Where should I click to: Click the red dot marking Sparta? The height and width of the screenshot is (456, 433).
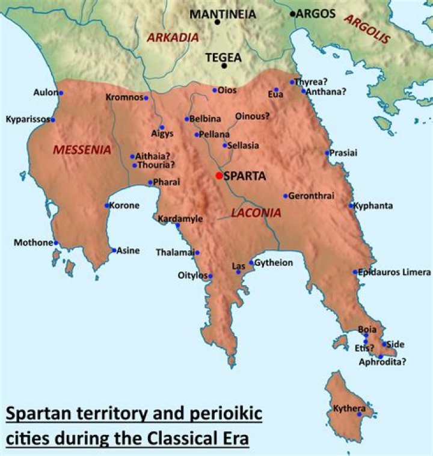[x=218, y=176]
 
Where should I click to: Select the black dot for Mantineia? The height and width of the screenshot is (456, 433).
[x=217, y=22]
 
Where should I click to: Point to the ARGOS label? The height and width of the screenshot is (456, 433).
[x=316, y=13]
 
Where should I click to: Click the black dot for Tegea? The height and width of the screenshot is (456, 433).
[x=224, y=66]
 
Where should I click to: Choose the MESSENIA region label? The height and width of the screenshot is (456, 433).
[x=82, y=150]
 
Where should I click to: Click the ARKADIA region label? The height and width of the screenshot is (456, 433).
[x=173, y=37]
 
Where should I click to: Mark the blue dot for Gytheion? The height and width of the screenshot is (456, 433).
[x=251, y=263]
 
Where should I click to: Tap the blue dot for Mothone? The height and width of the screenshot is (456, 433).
[x=56, y=243]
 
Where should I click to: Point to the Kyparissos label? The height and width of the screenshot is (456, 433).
[x=27, y=119]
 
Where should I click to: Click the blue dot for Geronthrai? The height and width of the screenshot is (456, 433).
[x=286, y=196]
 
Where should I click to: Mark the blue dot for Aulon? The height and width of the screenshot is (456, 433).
[x=61, y=93]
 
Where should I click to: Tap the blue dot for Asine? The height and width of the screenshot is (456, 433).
[x=114, y=250]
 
